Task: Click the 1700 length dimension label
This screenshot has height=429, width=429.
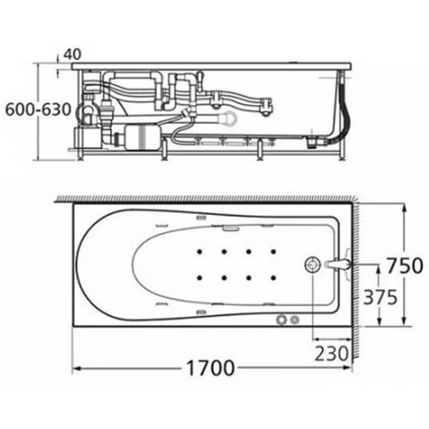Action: click(211, 368)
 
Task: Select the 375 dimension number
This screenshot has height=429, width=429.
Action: click(380, 297)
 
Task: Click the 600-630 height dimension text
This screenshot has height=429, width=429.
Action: click(38, 110)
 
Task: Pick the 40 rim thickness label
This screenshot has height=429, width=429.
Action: click(72, 54)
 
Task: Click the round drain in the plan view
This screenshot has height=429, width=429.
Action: click(312, 264)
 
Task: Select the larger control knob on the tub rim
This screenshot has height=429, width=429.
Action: click(281, 319)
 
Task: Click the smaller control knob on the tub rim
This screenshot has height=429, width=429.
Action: click(295, 320)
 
